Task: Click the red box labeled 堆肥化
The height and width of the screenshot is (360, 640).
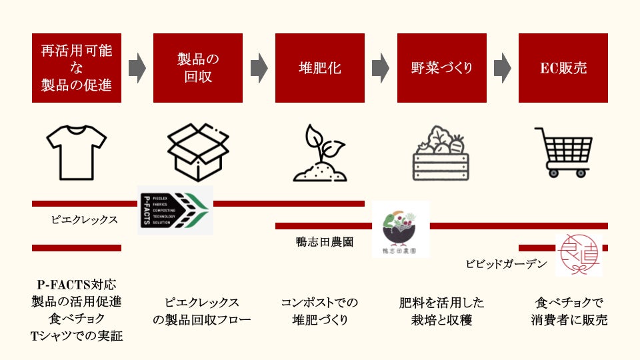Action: (x=320, y=68)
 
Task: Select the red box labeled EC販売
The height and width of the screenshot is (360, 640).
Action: (x=563, y=68)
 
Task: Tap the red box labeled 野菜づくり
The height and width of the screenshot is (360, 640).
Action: (x=441, y=68)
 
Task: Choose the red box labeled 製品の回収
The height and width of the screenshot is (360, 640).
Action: (x=198, y=68)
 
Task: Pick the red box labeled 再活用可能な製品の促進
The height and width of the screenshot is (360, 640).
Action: (x=77, y=68)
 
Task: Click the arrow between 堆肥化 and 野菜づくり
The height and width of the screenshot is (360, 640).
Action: (x=381, y=68)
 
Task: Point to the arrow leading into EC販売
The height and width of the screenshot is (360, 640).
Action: (x=502, y=68)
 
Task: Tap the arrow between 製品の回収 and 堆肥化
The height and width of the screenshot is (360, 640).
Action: (x=259, y=68)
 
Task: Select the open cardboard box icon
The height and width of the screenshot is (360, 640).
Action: (x=198, y=152)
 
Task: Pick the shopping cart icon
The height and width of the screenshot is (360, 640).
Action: (x=563, y=152)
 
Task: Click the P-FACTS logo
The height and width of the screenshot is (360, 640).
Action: (x=175, y=210)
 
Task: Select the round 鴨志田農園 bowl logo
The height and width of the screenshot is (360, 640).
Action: (x=400, y=229)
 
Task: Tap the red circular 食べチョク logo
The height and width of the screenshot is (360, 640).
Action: (x=578, y=254)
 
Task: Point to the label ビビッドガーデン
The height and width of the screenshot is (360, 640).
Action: (x=506, y=264)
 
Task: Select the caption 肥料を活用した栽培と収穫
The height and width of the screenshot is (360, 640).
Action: (x=441, y=311)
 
